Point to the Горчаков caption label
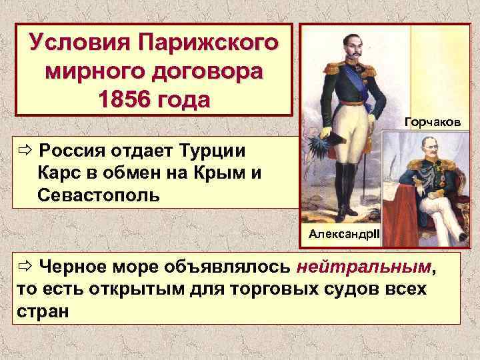point(433,122)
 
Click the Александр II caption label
point(343,234)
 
